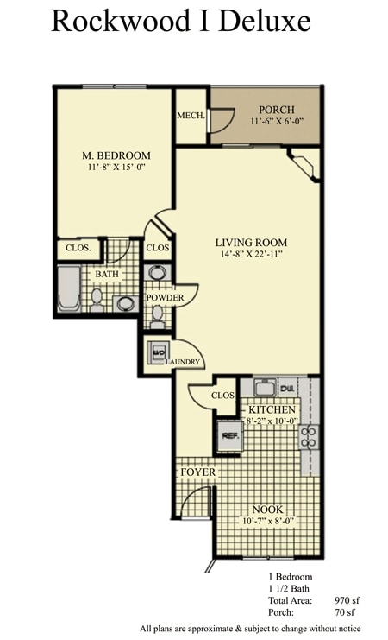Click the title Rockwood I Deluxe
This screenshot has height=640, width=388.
180,20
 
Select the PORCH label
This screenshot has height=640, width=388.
276,110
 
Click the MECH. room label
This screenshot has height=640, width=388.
190,116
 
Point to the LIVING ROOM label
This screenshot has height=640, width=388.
251,242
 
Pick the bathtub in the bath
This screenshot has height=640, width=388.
69,288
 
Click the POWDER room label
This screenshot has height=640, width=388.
164,297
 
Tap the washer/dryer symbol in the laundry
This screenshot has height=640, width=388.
159,352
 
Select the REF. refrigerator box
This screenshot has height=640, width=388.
228,435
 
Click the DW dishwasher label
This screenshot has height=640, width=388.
288,390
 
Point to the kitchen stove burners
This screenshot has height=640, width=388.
309,437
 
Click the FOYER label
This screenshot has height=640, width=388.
197,472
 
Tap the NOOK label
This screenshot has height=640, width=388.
267,509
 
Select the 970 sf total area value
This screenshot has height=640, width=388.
349,599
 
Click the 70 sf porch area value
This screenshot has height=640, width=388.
346,612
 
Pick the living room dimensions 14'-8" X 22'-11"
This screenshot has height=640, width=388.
251,255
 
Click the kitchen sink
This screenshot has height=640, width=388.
264,389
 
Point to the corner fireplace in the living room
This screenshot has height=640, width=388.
303,163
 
